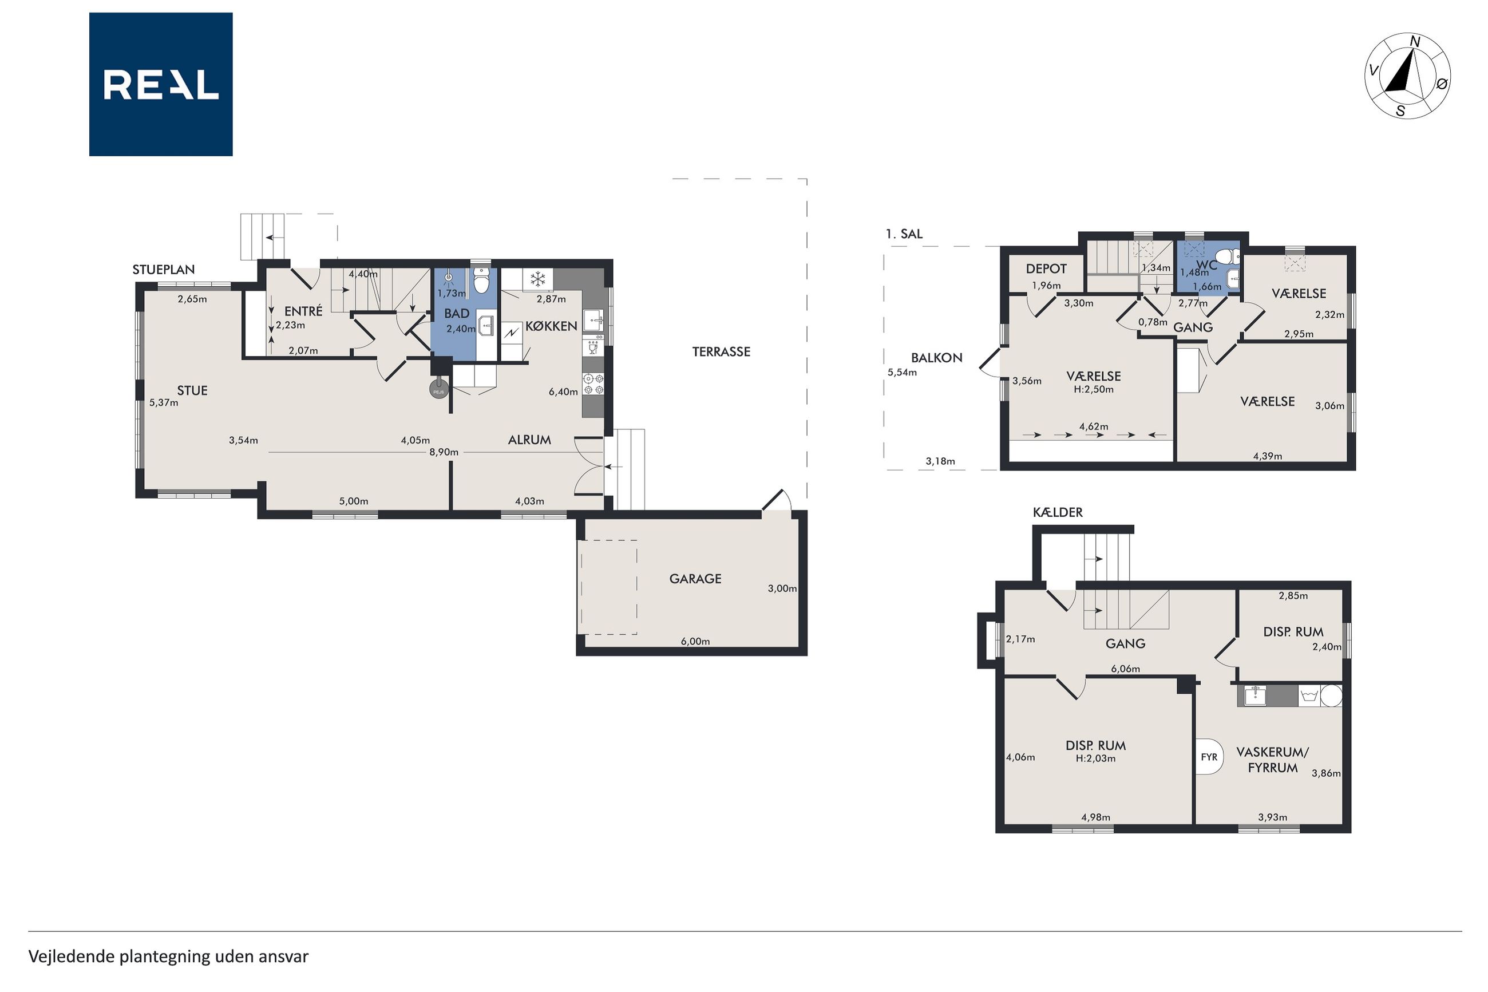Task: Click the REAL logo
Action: [161, 84]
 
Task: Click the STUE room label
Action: [192, 390]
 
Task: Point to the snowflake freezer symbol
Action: [537, 279]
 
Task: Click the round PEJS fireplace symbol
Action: [439, 391]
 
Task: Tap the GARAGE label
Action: [695, 578]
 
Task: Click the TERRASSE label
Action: [721, 352]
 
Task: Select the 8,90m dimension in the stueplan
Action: [444, 452]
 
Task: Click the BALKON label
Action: [936, 357]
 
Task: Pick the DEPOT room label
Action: [1046, 269]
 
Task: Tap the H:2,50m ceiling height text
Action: [1093, 389]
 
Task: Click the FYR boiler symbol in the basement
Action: [1209, 757]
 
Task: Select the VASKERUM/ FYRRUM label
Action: [1272, 760]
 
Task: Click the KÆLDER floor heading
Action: [1058, 512]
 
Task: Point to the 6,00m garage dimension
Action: [695, 641]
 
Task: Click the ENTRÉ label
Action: [303, 311]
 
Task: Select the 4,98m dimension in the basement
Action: [1095, 817]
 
